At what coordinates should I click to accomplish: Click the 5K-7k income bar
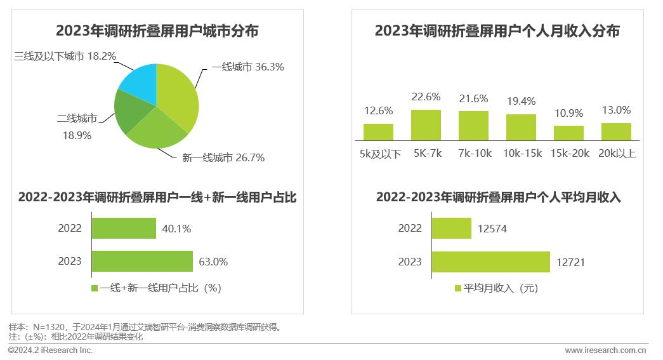point(426,125)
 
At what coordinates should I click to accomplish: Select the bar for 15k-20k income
point(568,133)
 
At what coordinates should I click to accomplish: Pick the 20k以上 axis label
point(617,153)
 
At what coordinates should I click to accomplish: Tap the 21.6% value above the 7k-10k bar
point(473,98)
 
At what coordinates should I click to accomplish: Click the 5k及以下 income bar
point(378,131)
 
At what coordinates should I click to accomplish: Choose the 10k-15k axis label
point(521,153)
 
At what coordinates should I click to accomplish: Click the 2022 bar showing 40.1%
point(124,228)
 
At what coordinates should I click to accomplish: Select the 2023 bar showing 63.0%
point(142,261)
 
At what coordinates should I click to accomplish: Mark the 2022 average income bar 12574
point(451,228)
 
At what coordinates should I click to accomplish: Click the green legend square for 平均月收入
point(458,288)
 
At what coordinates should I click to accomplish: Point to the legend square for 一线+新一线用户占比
point(95,288)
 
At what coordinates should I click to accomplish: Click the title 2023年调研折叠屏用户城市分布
point(157,30)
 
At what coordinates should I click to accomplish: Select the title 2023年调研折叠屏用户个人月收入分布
point(497,30)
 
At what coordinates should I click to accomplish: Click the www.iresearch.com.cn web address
point(605,350)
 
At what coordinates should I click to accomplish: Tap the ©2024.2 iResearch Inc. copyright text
point(51,350)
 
